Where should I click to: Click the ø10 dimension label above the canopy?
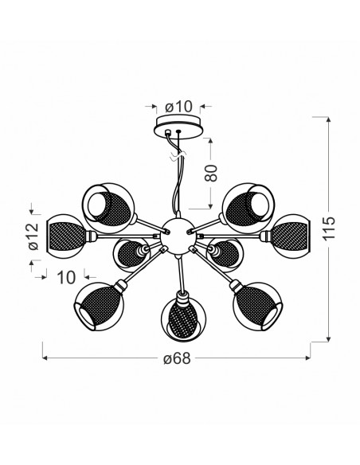click(179, 107)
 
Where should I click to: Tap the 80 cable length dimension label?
click(211, 174)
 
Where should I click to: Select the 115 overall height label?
click(330, 229)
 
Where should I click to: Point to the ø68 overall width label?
click(177, 359)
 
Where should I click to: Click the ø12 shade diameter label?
click(34, 236)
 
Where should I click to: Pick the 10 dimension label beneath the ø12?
click(66, 278)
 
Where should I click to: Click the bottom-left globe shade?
click(99, 307)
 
